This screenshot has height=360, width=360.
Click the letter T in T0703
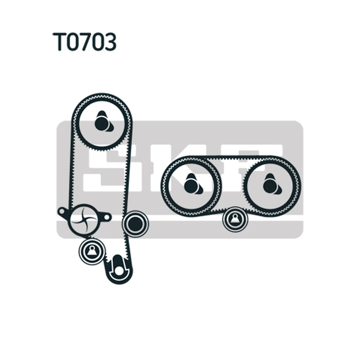pos(59,41)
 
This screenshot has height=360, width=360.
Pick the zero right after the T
pos(73,41)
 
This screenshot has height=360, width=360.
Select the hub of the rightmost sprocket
pos(271,185)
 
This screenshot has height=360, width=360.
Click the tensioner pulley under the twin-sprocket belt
pos(235,219)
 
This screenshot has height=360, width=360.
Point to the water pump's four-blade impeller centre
pos(84,220)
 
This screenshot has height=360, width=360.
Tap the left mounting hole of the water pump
pos(62,211)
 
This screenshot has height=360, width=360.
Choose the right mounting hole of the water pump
pos(106,216)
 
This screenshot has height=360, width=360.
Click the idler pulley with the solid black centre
pos(135,223)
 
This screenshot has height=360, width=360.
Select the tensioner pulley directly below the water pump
pos(92,252)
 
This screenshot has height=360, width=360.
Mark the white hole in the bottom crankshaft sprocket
pos(118,271)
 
